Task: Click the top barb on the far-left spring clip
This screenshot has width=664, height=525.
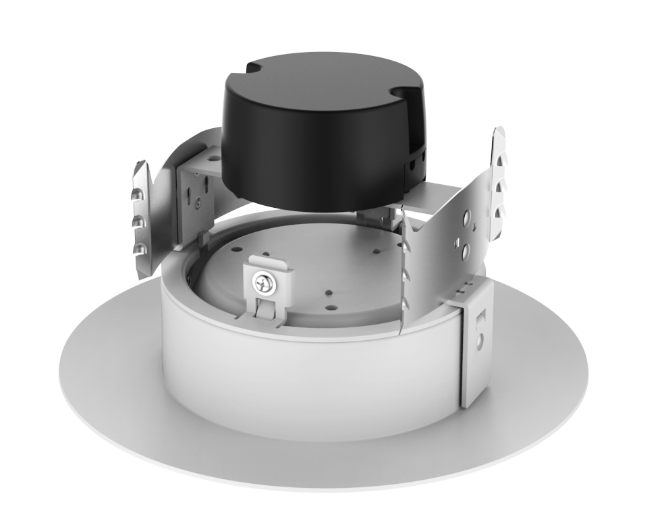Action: pyautogui.click(x=138, y=196)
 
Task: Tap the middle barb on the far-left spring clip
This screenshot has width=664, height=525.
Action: pyautogui.click(x=138, y=221)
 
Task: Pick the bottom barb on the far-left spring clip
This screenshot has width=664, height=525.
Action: pyautogui.click(x=139, y=248)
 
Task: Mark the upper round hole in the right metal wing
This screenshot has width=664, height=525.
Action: pyautogui.click(x=465, y=219)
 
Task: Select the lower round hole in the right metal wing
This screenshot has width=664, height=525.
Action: pyautogui.click(x=465, y=252)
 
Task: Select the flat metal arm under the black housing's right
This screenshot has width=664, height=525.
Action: pyautogui.click(x=432, y=196)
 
